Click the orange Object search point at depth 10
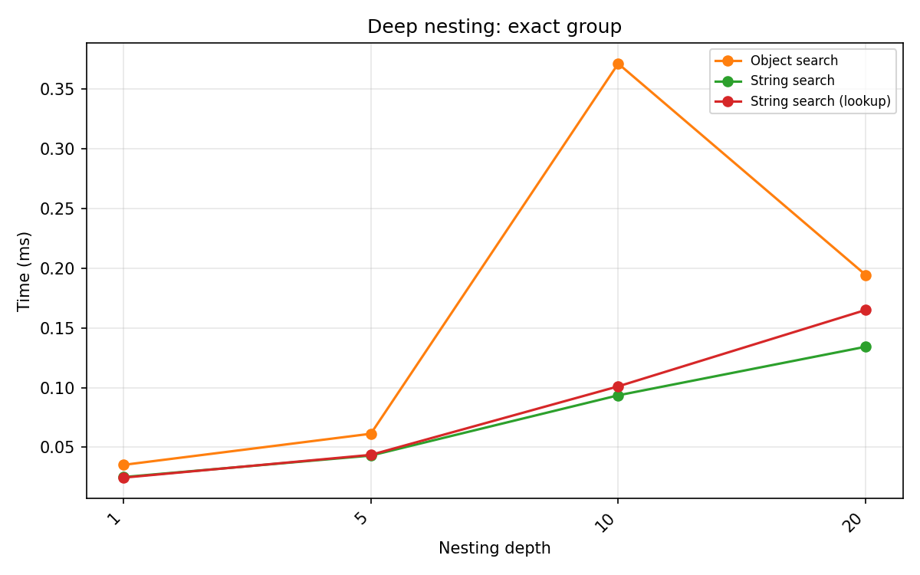pos(618,64)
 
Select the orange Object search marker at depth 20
pos(866,275)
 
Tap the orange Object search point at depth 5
pos(371,434)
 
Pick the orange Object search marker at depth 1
pos(123,465)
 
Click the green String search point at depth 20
pos(866,347)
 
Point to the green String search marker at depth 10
pos(618,396)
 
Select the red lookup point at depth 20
pos(866,310)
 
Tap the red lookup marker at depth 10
pos(618,386)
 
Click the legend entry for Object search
pos(793,61)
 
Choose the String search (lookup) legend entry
pos(820,101)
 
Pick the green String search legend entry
pos(792,80)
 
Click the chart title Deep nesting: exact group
pos(495,27)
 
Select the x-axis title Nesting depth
pos(495,548)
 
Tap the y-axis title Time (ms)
pos(25,271)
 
